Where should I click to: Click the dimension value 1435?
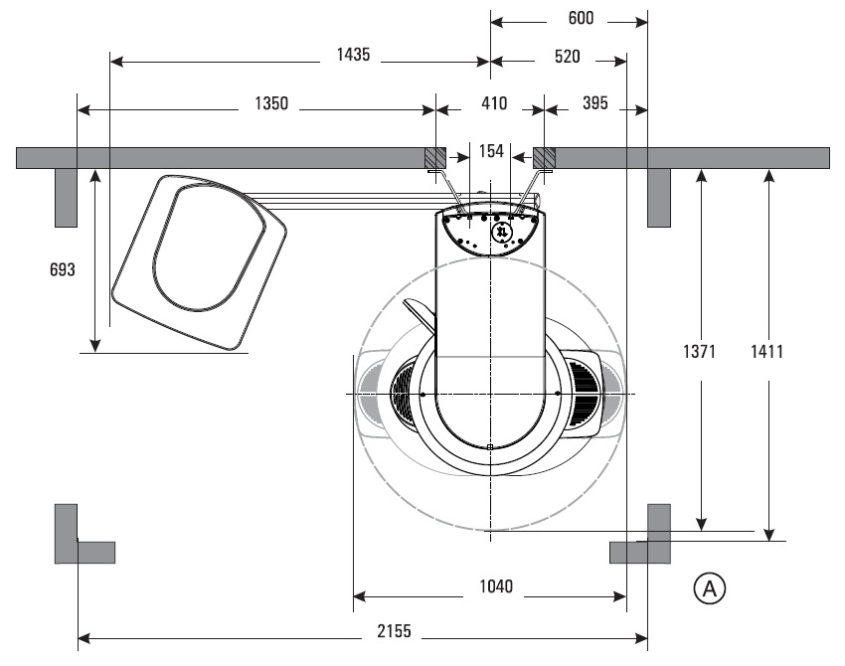pos(353,57)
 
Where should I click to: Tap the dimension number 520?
pos(567,57)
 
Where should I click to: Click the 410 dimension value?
pos(494,103)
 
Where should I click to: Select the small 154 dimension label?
pos(491,151)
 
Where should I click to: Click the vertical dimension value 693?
pos(61,269)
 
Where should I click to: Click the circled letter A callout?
pos(710,588)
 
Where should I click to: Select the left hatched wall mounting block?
pos(435,157)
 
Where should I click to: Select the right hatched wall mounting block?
pos(545,157)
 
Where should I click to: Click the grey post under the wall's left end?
pos(66,197)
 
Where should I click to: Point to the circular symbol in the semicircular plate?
pos(502,232)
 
